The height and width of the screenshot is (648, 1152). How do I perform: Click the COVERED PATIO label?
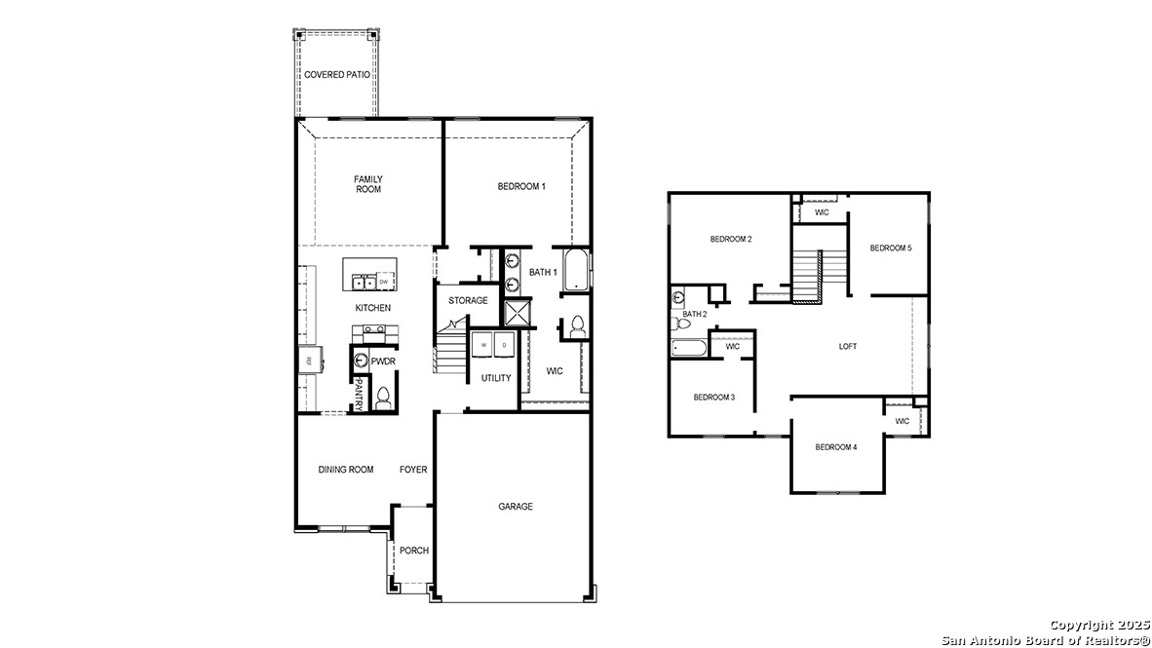pos(336,75)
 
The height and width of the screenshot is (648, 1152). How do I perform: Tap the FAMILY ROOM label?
pos(368,184)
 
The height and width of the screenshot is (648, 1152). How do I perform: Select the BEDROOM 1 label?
pos(521,186)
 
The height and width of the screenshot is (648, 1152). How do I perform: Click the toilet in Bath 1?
pos(577,326)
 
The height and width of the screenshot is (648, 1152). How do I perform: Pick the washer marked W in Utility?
pos(483,345)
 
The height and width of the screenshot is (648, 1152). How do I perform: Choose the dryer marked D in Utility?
pos(504,345)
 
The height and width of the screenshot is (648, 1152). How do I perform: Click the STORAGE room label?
pos(468,300)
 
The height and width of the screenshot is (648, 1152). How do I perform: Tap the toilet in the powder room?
pos(383,397)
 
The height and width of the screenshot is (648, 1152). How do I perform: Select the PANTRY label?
pos(359,394)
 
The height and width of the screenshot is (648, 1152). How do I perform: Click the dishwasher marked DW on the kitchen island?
pos(384,283)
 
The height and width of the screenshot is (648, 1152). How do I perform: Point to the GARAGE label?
pos(516,507)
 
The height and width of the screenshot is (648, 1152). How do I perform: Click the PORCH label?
pos(414,551)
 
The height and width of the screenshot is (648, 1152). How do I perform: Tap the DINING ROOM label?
pos(346,470)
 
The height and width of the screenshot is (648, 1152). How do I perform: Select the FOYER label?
pos(413,470)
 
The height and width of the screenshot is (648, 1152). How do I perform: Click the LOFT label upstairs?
pos(848,347)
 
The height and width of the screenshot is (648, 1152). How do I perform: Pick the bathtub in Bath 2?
pos(690,347)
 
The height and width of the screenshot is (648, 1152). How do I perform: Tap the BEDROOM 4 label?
pos(836,447)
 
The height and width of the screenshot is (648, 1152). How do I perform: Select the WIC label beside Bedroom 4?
pos(902,421)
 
